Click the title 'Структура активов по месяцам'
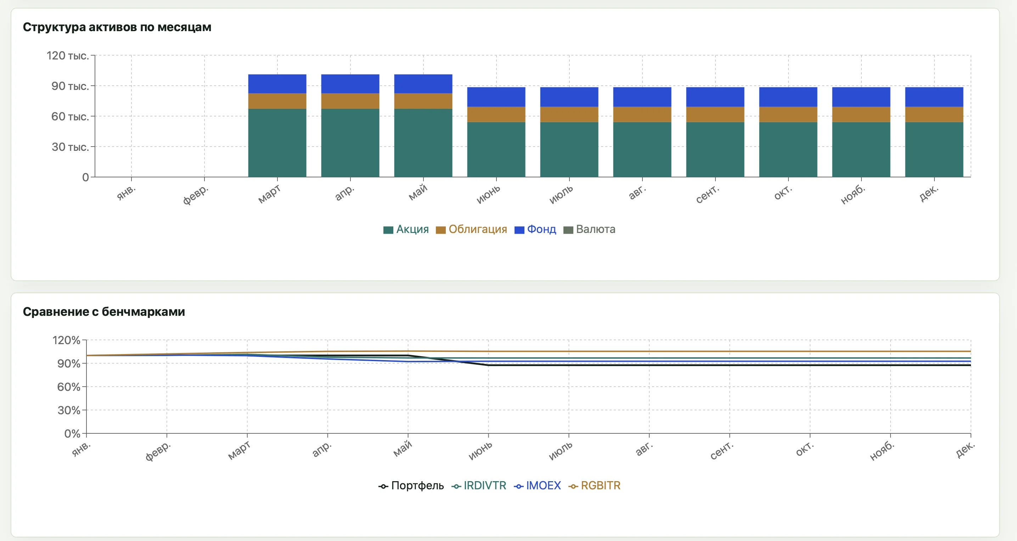click(117, 27)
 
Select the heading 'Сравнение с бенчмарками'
click(104, 312)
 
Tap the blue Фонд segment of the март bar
click(277, 84)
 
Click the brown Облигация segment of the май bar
click(423, 101)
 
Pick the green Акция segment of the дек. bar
click(934, 149)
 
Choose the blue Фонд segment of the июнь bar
click(496, 97)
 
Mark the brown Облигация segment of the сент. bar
click(715, 114)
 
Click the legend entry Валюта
click(589, 229)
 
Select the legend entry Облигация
click(471, 229)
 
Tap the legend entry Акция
click(406, 229)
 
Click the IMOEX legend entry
click(537, 486)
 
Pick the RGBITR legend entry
click(594, 486)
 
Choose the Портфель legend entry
click(411, 486)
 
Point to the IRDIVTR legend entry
click(478, 486)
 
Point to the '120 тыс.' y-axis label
click(68, 56)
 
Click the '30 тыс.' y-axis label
click(70, 147)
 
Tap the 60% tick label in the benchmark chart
click(69, 387)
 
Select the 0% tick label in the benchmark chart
click(72, 434)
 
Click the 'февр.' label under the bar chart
click(195, 194)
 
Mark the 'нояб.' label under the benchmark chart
click(882, 451)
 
